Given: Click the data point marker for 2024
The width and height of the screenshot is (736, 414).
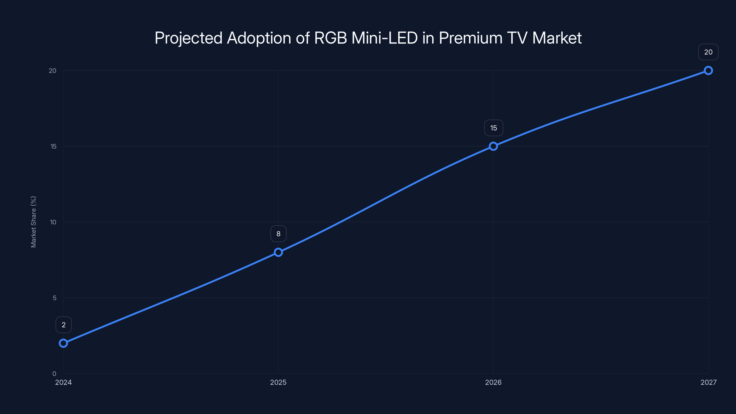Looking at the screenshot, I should click(x=63, y=343).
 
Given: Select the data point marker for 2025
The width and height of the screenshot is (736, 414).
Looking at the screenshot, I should click(x=278, y=252).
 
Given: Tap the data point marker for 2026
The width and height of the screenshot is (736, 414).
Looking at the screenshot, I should click(x=493, y=146).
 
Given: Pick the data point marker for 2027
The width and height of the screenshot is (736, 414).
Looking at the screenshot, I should click(x=708, y=71).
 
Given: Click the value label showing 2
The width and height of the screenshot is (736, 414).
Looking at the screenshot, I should click(x=63, y=325).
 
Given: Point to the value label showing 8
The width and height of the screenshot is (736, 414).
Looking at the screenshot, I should click(x=278, y=234).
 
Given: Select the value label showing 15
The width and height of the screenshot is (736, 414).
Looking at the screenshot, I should click(x=493, y=128).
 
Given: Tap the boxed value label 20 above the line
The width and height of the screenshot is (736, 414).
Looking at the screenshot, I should click(x=708, y=52).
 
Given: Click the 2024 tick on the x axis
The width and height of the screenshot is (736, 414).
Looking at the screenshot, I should click(x=63, y=382).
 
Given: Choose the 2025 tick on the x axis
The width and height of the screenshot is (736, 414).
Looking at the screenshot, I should click(x=278, y=382).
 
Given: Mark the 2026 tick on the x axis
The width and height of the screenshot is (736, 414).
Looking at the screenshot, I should click(x=493, y=382).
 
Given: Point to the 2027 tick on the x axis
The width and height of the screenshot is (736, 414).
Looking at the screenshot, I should click(x=708, y=382).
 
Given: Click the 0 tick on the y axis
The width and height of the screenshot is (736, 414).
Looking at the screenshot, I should click(x=54, y=374).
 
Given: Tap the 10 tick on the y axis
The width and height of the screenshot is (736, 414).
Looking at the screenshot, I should click(x=53, y=222).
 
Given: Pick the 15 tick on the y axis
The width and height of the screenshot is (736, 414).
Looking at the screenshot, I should click(x=53, y=146).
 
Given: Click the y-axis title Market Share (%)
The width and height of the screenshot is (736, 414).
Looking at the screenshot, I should click(x=33, y=222).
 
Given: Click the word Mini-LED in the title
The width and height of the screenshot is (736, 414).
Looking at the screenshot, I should click(x=384, y=38).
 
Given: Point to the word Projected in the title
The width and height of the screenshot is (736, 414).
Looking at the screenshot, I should click(x=188, y=38).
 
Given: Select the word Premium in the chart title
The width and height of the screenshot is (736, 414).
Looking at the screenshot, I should click(x=471, y=38).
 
